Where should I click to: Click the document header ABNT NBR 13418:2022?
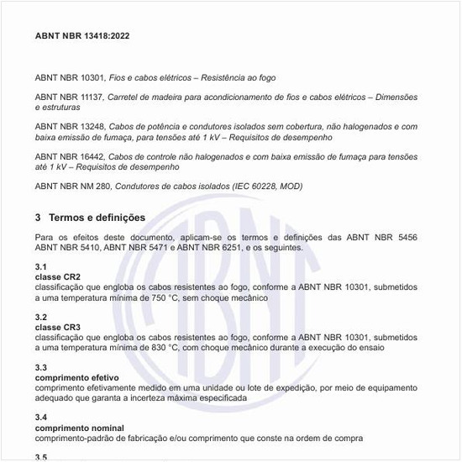tap(82, 37)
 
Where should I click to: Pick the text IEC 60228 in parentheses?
tap(247, 186)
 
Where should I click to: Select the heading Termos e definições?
tap(97, 218)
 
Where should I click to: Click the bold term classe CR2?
tap(58, 276)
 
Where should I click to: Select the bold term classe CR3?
tap(58, 327)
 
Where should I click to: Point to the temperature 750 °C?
tap(148, 297)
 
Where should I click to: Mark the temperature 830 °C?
tap(148, 347)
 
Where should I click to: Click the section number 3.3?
tap(41, 367)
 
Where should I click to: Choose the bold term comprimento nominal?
tap(76, 428)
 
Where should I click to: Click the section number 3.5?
tap(41, 457)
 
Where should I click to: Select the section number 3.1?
tap(41, 266)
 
